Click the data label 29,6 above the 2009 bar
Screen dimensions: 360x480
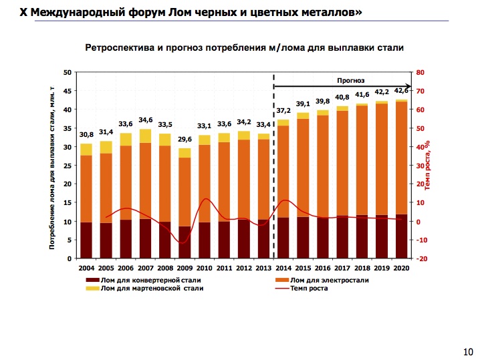coord(185,140)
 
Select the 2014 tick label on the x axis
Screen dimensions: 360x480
coord(283,267)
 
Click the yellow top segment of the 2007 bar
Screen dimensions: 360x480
coord(145,136)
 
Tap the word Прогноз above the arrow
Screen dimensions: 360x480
coord(350,80)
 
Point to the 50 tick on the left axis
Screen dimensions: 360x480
coord(67,72)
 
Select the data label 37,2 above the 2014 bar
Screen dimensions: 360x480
coord(283,111)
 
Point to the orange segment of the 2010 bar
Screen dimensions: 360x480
coord(205,183)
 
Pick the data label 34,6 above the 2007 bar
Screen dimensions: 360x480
coord(145,120)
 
